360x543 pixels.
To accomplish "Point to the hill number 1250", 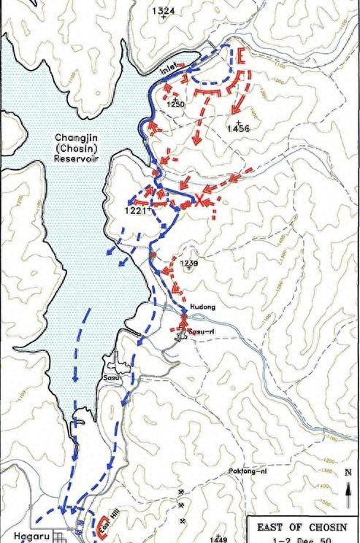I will (x=176, y=105).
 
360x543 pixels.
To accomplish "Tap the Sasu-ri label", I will (x=199, y=331).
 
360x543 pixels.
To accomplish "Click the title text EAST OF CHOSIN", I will (x=300, y=528).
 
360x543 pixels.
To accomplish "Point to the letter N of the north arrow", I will (x=347, y=471).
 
